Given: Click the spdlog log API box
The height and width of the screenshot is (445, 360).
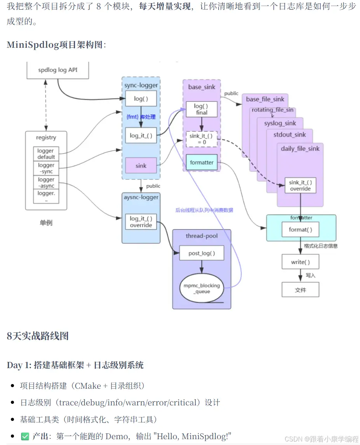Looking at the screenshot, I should coord(57,70).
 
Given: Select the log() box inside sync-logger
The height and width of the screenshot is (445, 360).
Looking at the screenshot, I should coord(141,99).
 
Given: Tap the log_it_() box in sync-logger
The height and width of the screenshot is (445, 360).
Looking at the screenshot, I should coord(141,136).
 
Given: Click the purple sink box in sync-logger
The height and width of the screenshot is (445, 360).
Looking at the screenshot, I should coord(141,165).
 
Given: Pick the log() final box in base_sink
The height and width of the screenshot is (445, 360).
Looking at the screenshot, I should coord(201,109).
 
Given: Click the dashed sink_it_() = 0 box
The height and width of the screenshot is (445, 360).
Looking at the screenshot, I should coord(201,139).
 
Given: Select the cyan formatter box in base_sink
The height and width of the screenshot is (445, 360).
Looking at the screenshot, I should coord(201,162).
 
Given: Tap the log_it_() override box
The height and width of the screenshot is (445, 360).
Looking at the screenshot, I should coord(141,222).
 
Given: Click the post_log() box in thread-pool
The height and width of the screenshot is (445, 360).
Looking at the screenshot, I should coord(201,253).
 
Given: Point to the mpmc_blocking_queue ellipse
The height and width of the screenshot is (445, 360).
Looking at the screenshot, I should coord(201,289).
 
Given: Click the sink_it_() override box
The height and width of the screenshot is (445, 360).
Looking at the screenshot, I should coord(300,185).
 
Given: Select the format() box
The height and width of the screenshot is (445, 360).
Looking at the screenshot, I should coord(300,229).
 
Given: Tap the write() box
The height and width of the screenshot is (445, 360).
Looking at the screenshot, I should coord(300,262).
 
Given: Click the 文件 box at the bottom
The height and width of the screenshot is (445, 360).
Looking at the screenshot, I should coord(300,290).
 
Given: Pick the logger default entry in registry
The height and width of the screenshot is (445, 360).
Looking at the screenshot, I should coord(46,154).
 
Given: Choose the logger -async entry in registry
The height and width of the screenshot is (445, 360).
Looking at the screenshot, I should coord(46,183).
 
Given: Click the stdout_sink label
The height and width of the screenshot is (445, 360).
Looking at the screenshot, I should coord(289,135).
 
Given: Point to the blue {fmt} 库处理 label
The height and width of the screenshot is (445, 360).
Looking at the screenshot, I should coord(141,116).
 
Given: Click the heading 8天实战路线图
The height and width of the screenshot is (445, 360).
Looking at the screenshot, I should coord(38,336).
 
